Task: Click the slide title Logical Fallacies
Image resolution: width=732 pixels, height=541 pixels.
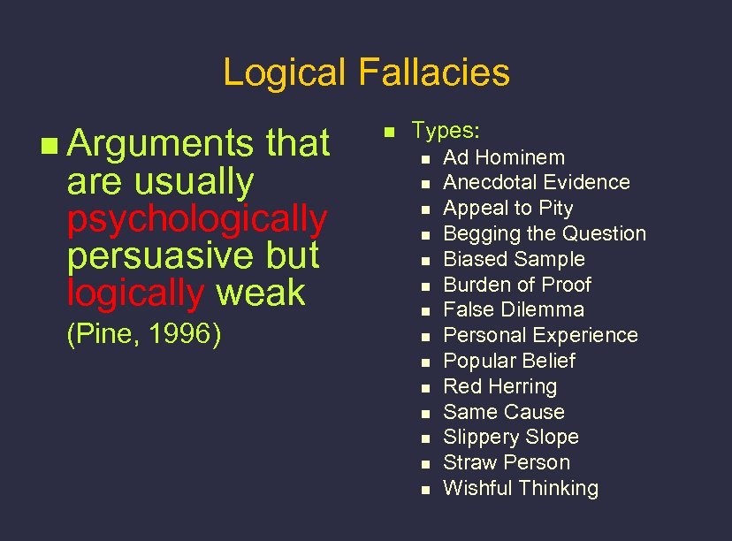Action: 366,72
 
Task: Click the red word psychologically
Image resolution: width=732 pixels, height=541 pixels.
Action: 197,217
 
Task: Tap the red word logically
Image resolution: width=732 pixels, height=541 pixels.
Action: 135,293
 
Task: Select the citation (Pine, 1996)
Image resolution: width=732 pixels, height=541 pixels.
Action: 143,335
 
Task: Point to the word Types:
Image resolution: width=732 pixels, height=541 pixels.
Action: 446,131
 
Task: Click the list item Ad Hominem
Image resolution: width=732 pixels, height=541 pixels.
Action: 503,157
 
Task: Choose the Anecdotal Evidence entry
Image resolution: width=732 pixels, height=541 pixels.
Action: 536,182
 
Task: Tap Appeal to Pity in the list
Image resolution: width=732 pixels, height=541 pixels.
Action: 507,208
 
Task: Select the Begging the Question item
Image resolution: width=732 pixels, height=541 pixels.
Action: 544,233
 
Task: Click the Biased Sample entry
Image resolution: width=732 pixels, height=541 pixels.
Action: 514,259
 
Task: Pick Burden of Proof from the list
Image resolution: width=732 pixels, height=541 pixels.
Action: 516,285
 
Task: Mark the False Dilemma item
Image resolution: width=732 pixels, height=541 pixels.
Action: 513,309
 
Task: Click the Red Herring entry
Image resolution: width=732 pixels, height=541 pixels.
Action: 499,386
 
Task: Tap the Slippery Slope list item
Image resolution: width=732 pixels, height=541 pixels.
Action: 510,437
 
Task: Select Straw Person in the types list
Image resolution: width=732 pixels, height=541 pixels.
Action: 506,462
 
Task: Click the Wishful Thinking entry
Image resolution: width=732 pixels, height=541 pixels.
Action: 520,488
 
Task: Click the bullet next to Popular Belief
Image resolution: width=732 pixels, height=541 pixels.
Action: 425,362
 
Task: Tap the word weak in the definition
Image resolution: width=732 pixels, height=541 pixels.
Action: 261,293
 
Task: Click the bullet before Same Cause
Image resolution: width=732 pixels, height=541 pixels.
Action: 425,413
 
